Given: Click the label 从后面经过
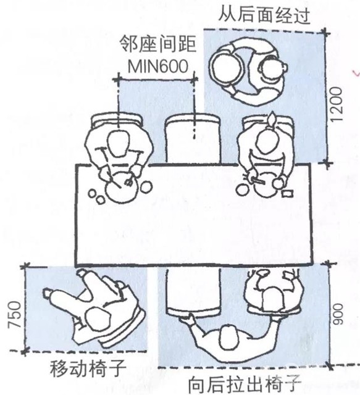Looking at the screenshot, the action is point(264,15).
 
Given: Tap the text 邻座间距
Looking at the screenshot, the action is point(158,44).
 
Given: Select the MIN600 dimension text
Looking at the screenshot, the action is point(158,67).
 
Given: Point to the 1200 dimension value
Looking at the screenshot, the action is point(337,104).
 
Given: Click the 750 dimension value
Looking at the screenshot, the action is point(14,315).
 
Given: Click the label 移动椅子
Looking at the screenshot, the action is point(88,368).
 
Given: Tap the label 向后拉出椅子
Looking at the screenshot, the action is point(245,385).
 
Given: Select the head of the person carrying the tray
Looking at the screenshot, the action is point(273,69).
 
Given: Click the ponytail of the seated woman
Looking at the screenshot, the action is point(272,120).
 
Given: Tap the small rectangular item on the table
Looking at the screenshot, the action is point(287,194).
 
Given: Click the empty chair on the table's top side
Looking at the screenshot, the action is point(193,138).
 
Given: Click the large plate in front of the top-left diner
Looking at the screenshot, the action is point(122,188).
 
